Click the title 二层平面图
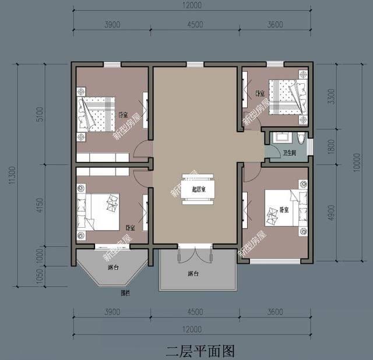(200, 351)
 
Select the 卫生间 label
(290, 154)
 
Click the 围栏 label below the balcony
(125, 292)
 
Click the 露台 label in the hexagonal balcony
(113, 268)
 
